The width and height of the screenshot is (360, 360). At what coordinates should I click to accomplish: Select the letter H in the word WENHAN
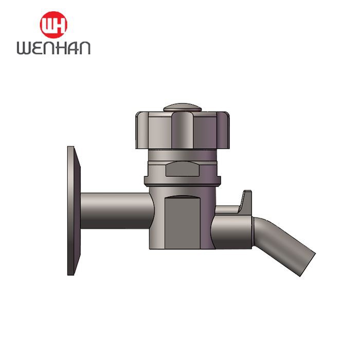point(62,48)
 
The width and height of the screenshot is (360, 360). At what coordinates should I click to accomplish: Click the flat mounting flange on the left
point(74,211)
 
